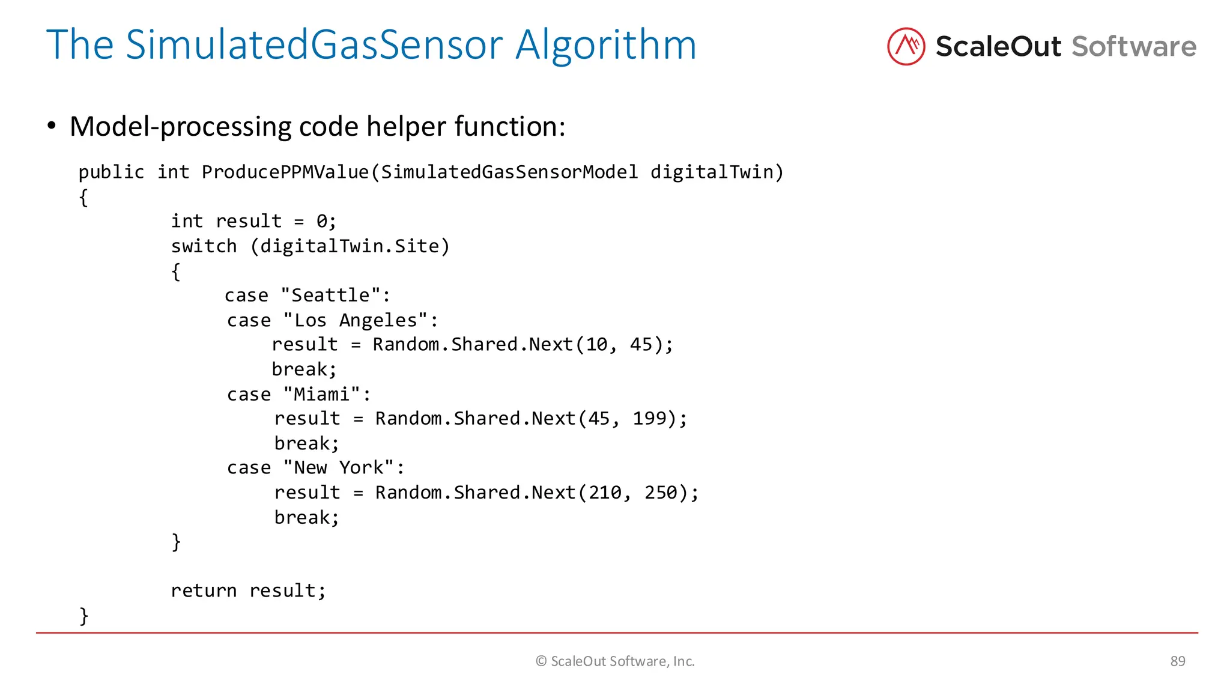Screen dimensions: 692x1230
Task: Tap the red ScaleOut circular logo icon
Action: pyautogui.click(x=906, y=46)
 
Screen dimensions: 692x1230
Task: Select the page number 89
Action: pyautogui.click(x=1177, y=661)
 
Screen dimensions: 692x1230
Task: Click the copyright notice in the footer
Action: pyautogui.click(x=615, y=661)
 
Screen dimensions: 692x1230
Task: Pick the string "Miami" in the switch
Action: pyautogui.click(x=321, y=394)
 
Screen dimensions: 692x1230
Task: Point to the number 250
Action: pyautogui.click(x=661, y=493)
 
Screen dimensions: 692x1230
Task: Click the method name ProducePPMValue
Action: pyautogui.click(x=285, y=172)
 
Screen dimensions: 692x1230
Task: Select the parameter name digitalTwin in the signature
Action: pyautogui.click(x=712, y=172)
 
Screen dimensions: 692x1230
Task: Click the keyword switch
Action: pyautogui.click(x=204, y=246)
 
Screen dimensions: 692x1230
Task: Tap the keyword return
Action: pyautogui.click(x=204, y=590)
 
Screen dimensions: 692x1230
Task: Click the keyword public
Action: pyautogui.click(x=111, y=172)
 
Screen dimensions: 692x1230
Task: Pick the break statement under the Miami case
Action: pyautogui.click(x=306, y=443)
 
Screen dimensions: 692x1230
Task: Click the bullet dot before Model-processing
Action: pyautogui.click(x=52, y=126)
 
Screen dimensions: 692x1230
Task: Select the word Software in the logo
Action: pyautogui.click(x=1133, y=46)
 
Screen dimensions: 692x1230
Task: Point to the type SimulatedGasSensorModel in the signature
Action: pyautogui.click(x=509, y=172)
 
